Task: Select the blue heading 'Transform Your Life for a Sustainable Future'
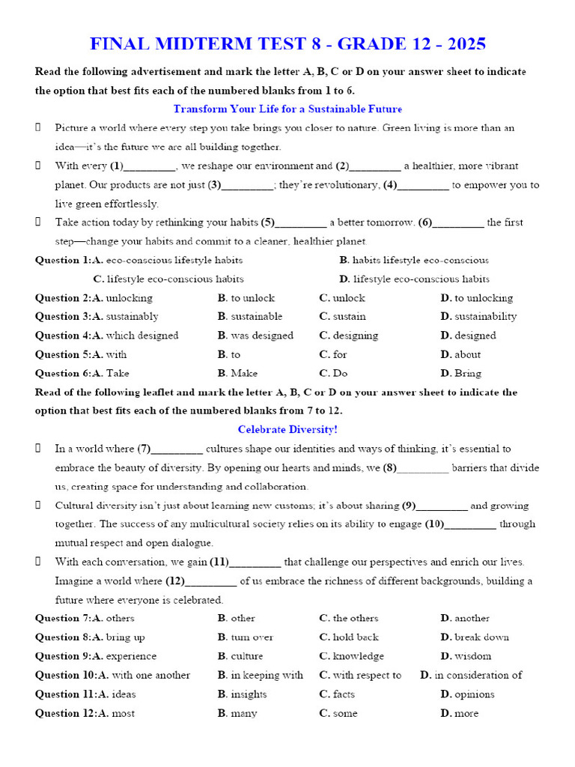[287, 109]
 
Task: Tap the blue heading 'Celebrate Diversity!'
[287, 430]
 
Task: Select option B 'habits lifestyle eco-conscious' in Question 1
[413, 260]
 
